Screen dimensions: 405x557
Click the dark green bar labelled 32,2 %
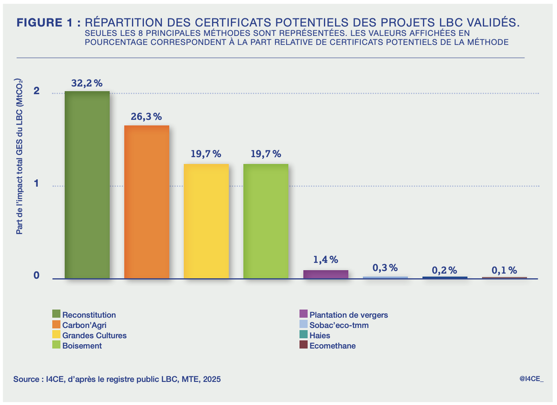(x=87, y=185)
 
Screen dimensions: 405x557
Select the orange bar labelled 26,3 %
(x=147, y=202)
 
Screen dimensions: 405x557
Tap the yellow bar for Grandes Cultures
(x=206, y=221)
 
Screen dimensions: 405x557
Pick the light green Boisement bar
(x=265, y=221)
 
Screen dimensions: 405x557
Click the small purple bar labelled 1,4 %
(x=325, y=274)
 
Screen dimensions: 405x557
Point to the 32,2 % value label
(x=87, y=83)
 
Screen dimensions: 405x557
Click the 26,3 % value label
(x=146, y=117)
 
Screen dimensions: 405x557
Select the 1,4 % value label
(x=325, y=260)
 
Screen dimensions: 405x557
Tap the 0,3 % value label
(x=385, y=267)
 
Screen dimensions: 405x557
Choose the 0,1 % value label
(x=504, y=270)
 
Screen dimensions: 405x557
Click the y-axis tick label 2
(x=36, y=91)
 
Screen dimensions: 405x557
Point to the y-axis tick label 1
(x=36, y=184)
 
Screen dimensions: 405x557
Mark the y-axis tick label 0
(x=36, y=276)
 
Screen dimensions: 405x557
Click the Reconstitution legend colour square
(x=56, y=314)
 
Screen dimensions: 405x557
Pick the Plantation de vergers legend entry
(x=349, y=315)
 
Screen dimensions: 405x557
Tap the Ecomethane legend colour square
(x=304, y=345)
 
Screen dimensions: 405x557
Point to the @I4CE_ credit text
(x=531, y=378)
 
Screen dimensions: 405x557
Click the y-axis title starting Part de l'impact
(x=19, y=156)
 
